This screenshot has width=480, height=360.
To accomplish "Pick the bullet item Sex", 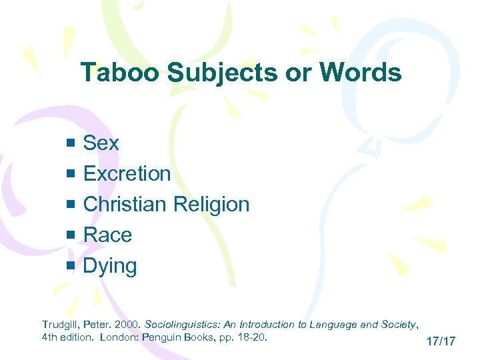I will coord(101,143).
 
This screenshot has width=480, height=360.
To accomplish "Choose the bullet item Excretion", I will coord(127,174).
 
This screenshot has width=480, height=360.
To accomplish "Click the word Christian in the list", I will coord(125,205).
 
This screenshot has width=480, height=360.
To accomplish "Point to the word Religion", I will coord(211,205).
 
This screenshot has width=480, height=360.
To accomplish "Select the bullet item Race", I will coord(107,235).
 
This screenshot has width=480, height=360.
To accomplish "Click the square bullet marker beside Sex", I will coord(72,143).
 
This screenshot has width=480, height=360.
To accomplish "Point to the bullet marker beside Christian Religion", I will coord(72,205).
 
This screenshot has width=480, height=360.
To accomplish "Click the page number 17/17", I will coord(441,341).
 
